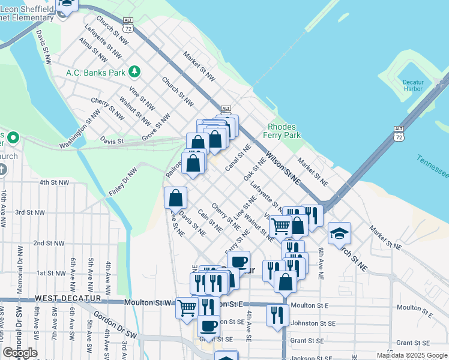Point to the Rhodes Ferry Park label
click(x=284, y=131)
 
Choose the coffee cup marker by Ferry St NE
click(x=238, y=262)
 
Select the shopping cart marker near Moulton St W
click(x=187, y=308)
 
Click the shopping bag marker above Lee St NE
click(x=175, y=197)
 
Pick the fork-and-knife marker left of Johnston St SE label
click(x=277, y=314)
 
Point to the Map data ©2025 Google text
click(x=411, y=355)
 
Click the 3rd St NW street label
click(x=30, y=212)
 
